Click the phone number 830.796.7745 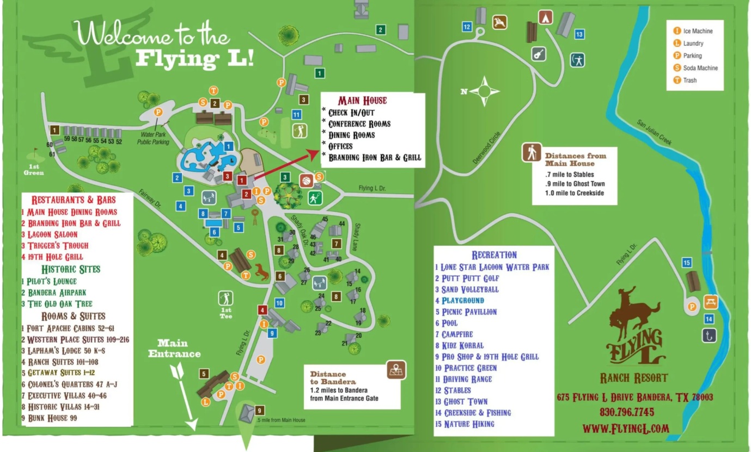[x=627, y=412]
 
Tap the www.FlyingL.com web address [x=626, y=428]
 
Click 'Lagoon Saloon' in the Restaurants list [x=50, y=234]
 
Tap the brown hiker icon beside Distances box [x=531, y=152]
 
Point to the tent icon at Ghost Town [x=546, y=17]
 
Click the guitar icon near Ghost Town [x=539, y=53]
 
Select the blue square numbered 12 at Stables [x=467, y=26]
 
